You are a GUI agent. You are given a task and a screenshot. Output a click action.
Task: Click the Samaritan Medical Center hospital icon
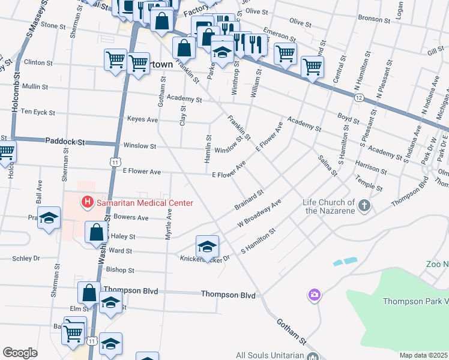[x=88, y=202]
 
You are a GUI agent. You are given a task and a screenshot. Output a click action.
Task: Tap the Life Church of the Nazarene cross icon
[x=364, y=206]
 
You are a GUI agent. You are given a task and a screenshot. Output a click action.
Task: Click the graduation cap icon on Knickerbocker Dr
[x=207, y=247]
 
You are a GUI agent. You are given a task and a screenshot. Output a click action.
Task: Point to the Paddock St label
[x=65, y=142]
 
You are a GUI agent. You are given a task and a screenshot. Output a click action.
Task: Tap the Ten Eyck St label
[x=38, y=112]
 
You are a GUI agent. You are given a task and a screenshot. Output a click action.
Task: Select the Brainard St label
[x=249, y=200]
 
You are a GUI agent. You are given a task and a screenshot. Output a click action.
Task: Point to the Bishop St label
[x=120, y=271]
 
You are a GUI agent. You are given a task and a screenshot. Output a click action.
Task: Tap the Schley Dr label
[x=26, y=258]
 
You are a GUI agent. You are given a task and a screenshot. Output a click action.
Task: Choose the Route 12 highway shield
[x=359, y=97]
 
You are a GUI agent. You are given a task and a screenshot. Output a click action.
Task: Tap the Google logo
[x=20, y=353]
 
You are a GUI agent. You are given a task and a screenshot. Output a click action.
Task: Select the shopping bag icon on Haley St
[x=96, y=232]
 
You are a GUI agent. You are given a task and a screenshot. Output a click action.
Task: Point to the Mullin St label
[x=35, y=86]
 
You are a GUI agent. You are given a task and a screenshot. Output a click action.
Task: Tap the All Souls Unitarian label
[x=270, y=355]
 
